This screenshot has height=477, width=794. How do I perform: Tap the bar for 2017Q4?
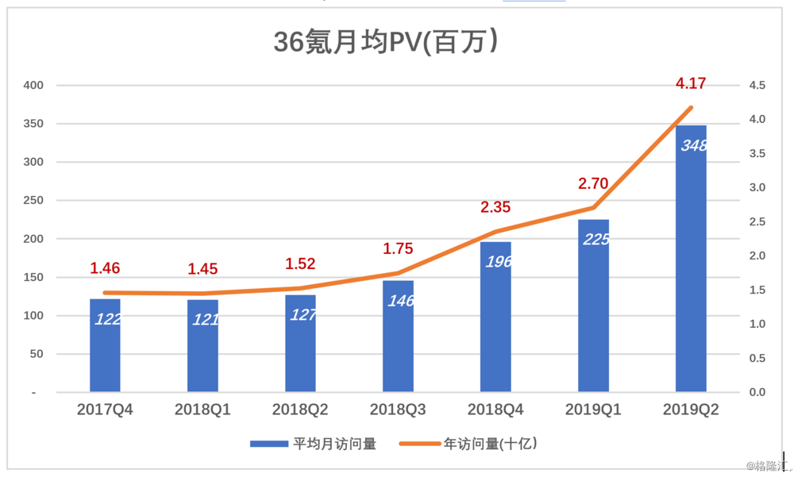point(105,345)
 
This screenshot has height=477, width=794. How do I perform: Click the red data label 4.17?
point(691,83)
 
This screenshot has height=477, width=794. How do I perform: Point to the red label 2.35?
point(495,207)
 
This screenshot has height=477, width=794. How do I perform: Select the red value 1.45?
point(202,269)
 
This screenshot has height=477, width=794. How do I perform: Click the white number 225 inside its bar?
point(595,239)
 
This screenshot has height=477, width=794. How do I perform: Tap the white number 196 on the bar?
point(498,262)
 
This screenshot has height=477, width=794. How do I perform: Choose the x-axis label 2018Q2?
point(300,410)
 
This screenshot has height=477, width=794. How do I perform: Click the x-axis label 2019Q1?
point(593,410)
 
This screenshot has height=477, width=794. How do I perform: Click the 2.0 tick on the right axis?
point(756,256)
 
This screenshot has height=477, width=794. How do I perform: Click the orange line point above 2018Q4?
point(495,232)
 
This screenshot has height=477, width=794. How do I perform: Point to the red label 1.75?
point(398,248)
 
